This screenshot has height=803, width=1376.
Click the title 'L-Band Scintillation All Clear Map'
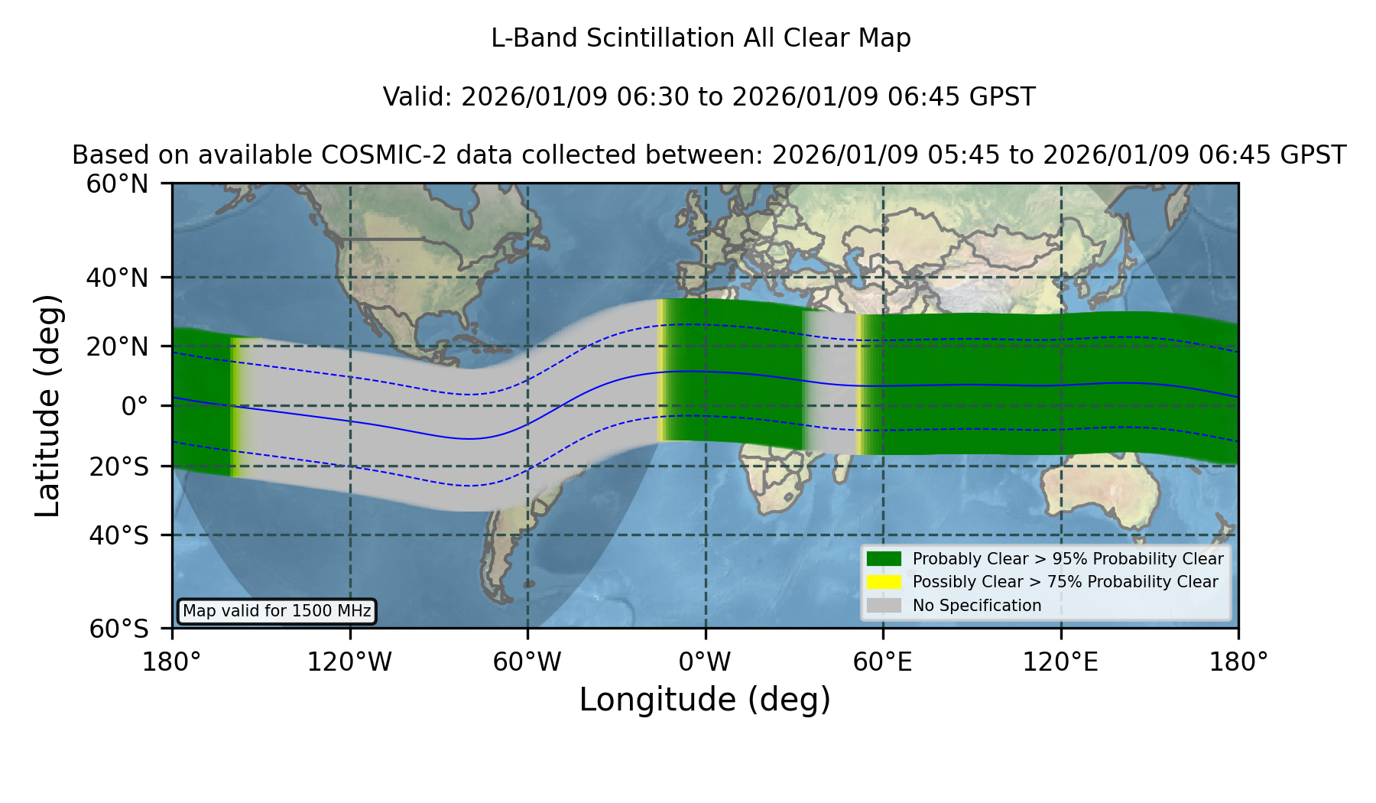pos(700,37)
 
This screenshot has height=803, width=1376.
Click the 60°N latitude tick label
pos(117,184)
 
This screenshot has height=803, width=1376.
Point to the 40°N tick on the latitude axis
pos(117,278)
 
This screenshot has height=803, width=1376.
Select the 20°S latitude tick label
pos(118,467)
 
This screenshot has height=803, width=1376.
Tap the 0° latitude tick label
pos(135,406)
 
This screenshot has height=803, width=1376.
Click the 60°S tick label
pos(118,629)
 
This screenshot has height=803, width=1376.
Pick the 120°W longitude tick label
pos(349,662)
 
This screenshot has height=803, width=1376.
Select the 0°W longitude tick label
pos(706,662)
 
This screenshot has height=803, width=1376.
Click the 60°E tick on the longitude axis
pos(883,662)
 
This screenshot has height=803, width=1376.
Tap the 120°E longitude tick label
pos(1061,662)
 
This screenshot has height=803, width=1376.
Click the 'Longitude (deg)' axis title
pos(705,700)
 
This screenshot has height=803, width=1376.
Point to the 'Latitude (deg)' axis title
pos(48,405)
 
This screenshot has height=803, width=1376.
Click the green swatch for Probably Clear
pos(884,558)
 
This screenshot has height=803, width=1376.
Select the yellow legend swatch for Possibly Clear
pos(884,582)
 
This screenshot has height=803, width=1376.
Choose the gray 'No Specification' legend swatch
pos(884,606)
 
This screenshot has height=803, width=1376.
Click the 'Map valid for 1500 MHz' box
pos(277,611)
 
